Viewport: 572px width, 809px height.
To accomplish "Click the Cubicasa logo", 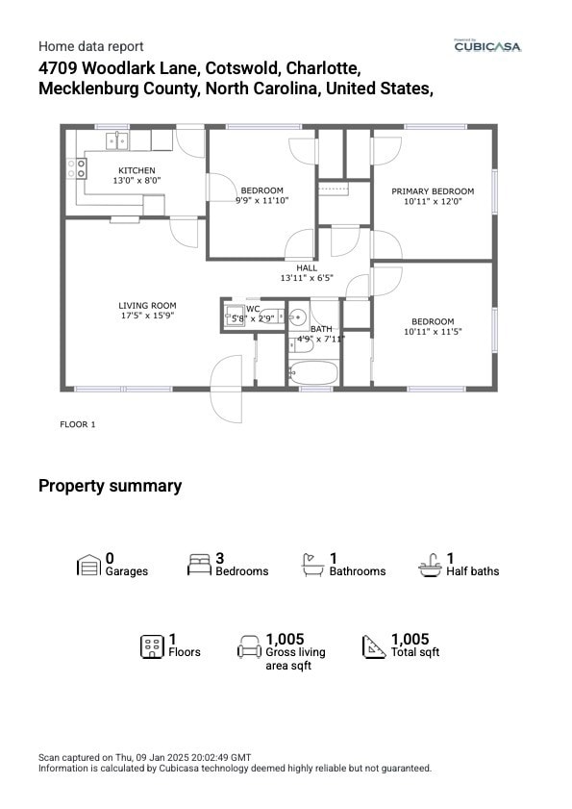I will tap(487, 45).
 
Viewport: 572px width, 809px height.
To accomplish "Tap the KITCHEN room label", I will tap(137, 170).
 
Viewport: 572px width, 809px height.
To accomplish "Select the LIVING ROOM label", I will tap(147, 306).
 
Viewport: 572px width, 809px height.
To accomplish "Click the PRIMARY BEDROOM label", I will tap(433, 191).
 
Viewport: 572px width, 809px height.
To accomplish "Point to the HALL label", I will tap(307, 267).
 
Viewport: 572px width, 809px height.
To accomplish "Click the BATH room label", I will tap(320, 329).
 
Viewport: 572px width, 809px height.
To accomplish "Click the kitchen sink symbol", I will tap(116, 140).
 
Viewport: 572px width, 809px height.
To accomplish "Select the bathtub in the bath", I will tap(312, 373).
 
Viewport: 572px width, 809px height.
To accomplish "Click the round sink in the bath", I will tap(297, 316).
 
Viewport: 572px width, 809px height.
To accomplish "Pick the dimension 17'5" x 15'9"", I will tap(147, 316).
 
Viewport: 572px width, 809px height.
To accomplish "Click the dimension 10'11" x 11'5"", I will tap(433, 331).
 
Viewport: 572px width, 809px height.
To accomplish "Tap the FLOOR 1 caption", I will tap(78, 423).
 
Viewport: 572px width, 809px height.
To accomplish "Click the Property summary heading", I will tap(110, 486).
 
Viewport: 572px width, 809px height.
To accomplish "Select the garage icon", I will tap(88, 565).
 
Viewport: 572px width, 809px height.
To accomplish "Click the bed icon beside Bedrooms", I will tap(200, 565).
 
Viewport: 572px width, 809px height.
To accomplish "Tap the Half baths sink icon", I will tap(430, 565).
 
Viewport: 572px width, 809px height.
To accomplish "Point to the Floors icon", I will tap(152, 645).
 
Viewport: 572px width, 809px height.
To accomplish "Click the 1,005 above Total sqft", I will tap(410, 639).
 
